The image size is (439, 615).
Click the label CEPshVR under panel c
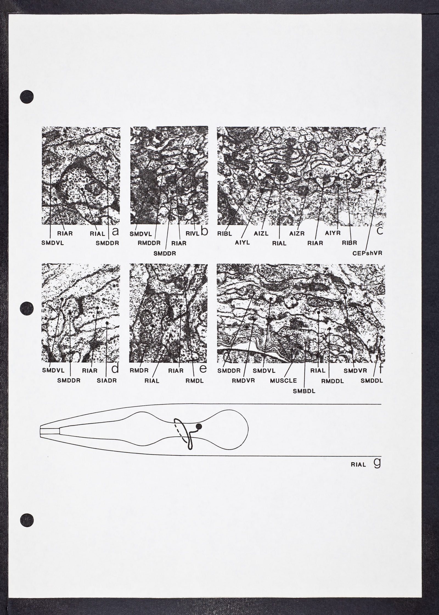point(367,253)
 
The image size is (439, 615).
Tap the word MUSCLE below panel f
point(283,380)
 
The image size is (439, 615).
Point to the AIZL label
point(261,233)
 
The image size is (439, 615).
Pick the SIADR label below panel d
point(107,380)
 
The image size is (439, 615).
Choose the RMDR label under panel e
point(139,370)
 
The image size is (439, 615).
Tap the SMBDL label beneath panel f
point(304,391)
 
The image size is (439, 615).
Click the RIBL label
point(225,234)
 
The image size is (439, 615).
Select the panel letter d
point(115,369)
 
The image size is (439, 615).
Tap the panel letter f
point(381,368)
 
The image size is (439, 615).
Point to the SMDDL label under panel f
point(372,380)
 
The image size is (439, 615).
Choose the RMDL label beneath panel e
point(194,381)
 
